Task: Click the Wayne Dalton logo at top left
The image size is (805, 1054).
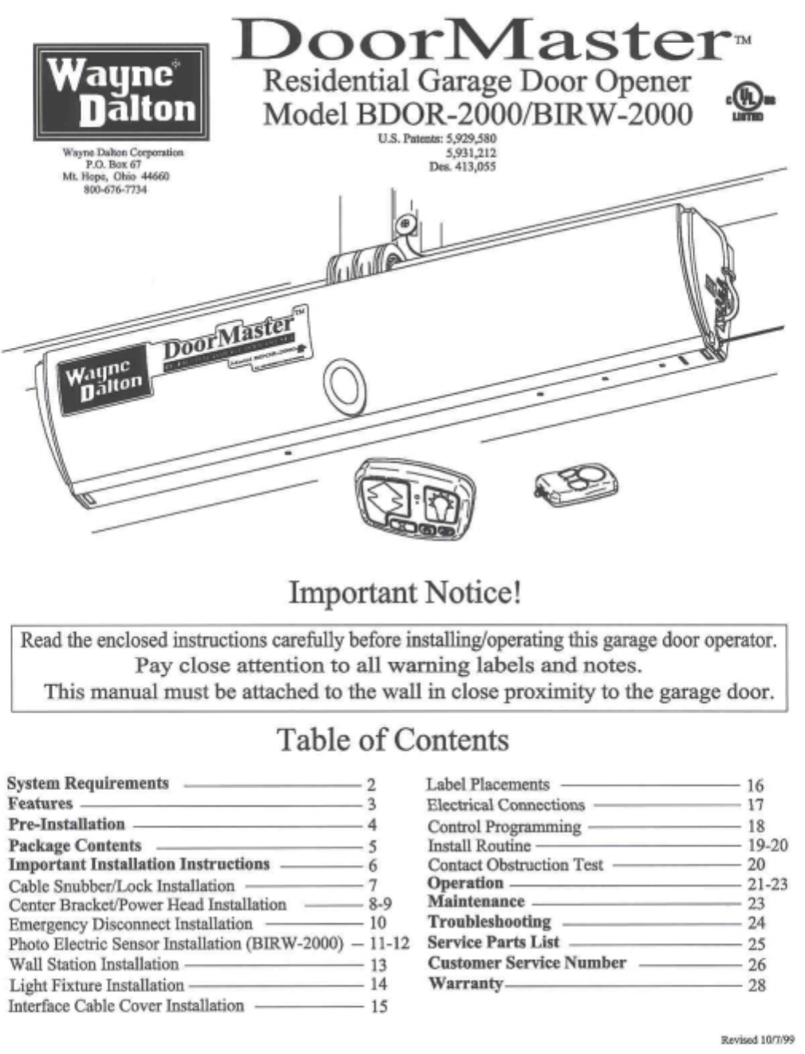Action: [x=120, y=93]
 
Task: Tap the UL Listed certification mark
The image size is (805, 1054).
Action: [x=748, y=105]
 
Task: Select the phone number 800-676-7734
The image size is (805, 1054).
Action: [x=116, y=189]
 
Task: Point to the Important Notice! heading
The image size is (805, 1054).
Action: [x=404, y=593]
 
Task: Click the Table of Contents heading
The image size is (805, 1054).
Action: [x=393, y=740]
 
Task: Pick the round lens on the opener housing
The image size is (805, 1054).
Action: [x=345, y=384]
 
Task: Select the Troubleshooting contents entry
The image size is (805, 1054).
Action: [x=489, y=922]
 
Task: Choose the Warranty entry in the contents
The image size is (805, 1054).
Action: [x=466, y=983]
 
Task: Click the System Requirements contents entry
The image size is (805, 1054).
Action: [x=89, y=783]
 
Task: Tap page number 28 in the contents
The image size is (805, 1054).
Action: [x=756, y=985]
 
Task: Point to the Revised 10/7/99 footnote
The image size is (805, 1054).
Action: [x=758, y=1039]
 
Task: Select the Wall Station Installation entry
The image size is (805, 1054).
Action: [x=94, y=965]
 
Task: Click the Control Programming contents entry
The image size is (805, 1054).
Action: [x=504, y=826]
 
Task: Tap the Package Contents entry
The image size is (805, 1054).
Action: [x=75, y=845]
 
